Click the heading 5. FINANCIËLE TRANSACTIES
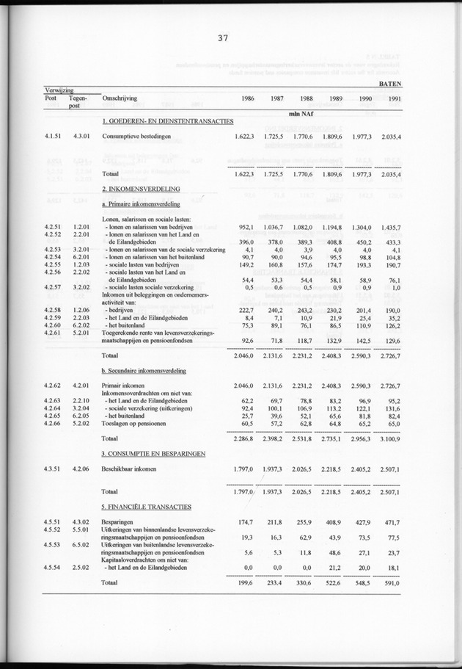(x=146, y=507)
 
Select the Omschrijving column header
(x=122, y=98)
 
